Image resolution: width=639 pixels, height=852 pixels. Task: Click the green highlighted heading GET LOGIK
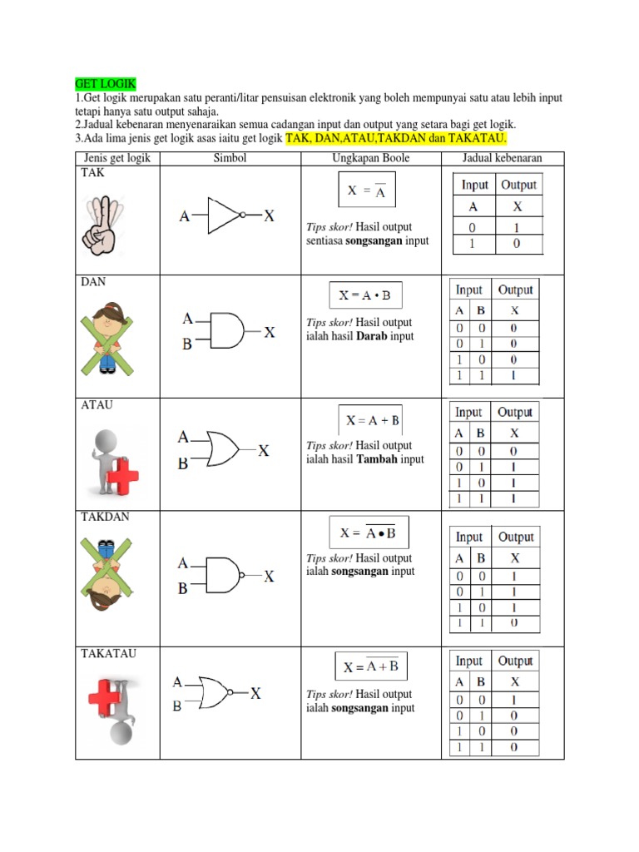[106, 85]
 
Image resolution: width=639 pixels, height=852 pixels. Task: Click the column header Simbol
[230, 158]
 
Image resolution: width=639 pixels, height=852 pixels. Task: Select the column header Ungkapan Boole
[370, 158]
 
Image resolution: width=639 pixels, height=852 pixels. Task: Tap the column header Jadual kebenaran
[503, 158]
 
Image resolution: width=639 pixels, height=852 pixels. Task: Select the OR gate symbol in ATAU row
[223, 449]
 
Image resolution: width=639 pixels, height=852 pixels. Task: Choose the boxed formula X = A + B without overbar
[372, 420]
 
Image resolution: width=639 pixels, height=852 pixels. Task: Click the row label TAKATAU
[108, 654]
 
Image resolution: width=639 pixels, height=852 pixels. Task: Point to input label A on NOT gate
[184, 216]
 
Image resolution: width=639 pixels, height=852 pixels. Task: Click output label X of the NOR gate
[255, 692]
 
